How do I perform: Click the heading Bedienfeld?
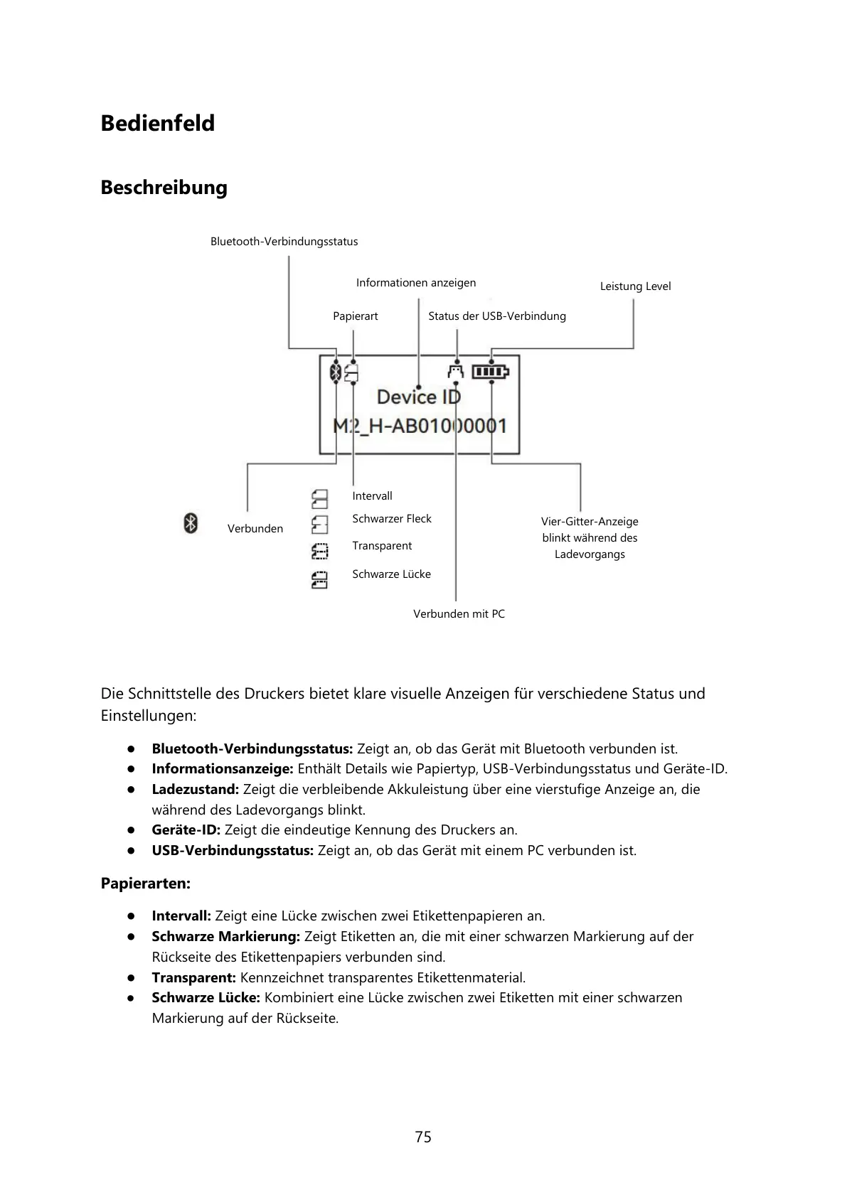click(157, 123)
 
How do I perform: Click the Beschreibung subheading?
click(164, 188)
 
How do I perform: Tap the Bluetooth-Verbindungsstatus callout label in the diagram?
click(284, 242)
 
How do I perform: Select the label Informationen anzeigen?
click(416, 283)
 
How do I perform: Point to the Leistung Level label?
click(635, 286)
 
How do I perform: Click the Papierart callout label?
click(355, 316)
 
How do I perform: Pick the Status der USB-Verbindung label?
click(496, 316)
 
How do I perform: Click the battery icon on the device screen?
click(491, 372)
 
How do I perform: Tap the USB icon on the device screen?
click(455, 371)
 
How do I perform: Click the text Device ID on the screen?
click(418, 397)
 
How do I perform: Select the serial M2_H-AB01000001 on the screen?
click(420, 426)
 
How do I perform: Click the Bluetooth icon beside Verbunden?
click(191, 524)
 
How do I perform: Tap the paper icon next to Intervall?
click(319, 499)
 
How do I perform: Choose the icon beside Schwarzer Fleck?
click(319, 525)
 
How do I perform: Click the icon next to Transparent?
click(319, 552)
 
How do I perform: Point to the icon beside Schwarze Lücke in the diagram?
click(319, 580)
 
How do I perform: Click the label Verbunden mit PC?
click(459, 614)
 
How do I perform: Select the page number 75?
click(423, 1137)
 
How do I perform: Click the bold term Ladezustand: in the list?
click(195, 790)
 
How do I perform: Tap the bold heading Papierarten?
click(146, 884)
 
